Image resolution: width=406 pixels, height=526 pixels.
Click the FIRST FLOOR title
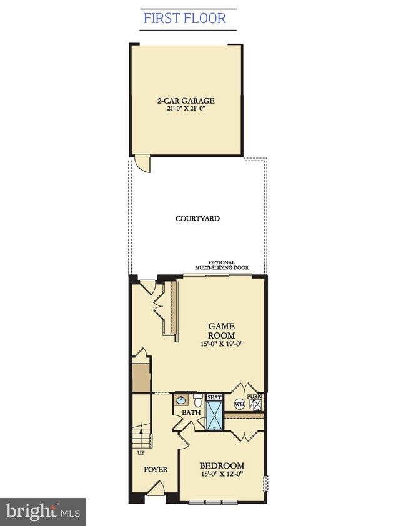[185, 19]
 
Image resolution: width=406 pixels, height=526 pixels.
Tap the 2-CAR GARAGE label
[186, 101]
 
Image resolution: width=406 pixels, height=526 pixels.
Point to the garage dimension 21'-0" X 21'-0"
[186, 109]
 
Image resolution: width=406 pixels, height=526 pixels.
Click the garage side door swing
[142, 164]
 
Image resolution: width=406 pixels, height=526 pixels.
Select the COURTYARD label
[197, 219]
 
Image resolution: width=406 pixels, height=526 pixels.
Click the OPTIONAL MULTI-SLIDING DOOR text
[222, 265]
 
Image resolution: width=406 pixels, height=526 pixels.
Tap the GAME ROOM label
[222, 330]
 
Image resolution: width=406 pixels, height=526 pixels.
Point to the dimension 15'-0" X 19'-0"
[222, 344]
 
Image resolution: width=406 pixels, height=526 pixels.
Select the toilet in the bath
[197, 399]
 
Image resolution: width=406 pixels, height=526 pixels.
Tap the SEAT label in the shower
[214, 397]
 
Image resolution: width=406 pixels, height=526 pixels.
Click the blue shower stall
[214, 415]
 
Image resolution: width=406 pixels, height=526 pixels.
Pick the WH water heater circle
[239, 404]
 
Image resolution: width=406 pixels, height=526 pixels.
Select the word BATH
[191, 412]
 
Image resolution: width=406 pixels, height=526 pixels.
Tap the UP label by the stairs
[141, 453]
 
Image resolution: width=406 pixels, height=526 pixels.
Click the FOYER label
[156, 469]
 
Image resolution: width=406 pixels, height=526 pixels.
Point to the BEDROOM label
[222, 465]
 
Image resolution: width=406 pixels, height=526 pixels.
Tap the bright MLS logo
[43, 512]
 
